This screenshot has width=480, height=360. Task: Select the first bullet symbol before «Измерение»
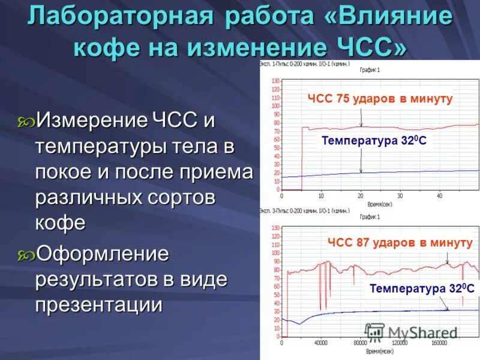click(26, 122)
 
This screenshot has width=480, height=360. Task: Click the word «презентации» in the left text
click(99, 305)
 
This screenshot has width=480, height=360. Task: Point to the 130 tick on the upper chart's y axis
click(275, 80)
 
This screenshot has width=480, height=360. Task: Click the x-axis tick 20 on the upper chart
click(360, 196)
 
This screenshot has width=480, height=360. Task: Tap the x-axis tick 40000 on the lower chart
click(321, 343)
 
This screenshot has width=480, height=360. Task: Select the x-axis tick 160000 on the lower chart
click(439, 343)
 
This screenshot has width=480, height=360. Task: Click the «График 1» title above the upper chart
click(370, 70)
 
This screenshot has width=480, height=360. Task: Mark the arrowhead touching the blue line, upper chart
click(361, 171)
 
